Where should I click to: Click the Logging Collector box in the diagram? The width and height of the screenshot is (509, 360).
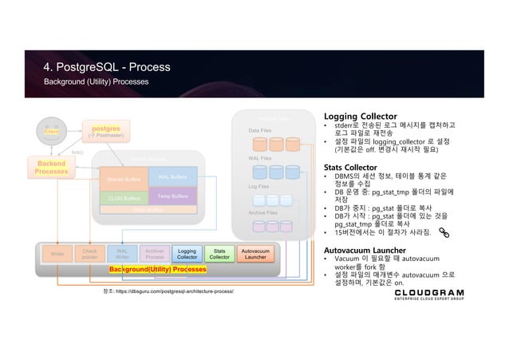(187, 253)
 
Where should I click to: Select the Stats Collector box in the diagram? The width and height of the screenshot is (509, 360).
(219, 253)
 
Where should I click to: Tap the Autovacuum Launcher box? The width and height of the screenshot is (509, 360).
(254, 253)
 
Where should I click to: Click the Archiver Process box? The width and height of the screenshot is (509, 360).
(155, 253)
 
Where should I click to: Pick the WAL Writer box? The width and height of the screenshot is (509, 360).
(122, 253)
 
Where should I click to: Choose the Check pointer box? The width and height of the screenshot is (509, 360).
(89, 253)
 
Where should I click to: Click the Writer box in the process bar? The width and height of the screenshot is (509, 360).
(57, 253)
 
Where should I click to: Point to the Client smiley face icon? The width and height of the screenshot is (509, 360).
(53, 129)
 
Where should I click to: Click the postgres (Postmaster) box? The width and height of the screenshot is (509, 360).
(106, 129)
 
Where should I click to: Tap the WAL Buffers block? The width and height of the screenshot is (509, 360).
(172, 177)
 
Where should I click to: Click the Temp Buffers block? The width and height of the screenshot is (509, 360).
(172, 196)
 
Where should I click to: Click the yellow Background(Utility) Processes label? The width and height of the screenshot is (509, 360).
(158, 271)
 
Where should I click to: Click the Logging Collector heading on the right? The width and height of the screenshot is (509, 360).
(361, 113)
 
